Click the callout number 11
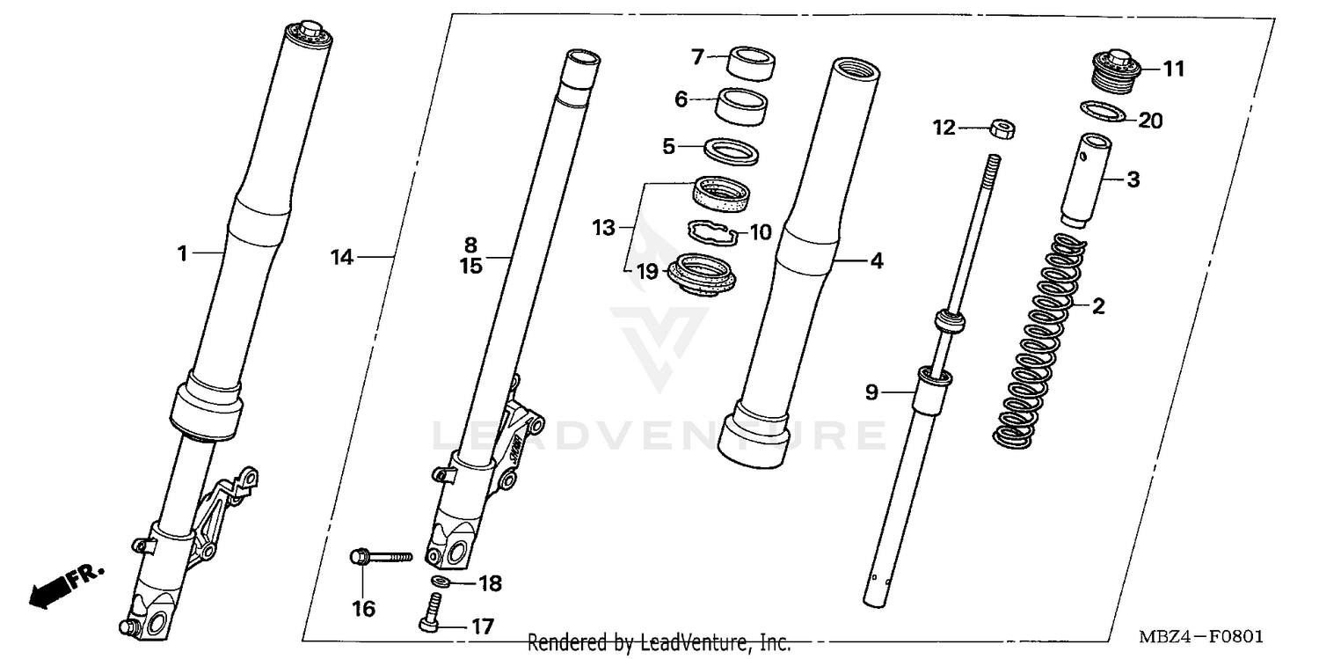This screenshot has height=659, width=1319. click(1174, 68)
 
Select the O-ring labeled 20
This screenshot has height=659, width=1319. click(1103, 113)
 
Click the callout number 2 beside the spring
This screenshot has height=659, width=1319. click(1098, 306)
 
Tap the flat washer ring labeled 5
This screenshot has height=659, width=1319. click(732, 150)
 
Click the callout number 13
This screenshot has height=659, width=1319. click(603, 229)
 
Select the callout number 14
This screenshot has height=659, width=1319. click(342, 257)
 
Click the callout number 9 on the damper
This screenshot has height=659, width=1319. click(871, 392)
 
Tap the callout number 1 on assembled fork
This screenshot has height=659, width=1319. click(182, 253)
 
